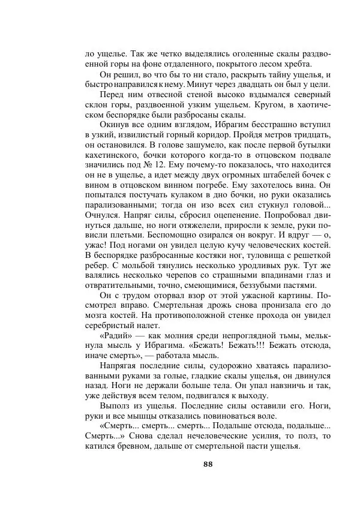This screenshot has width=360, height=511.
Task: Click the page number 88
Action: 208,464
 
